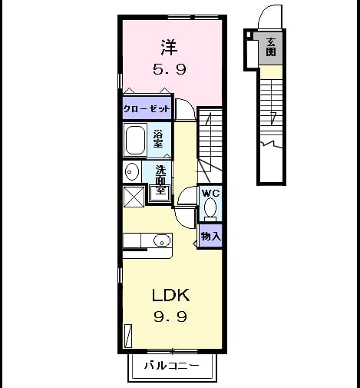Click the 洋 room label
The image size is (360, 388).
[170, 47]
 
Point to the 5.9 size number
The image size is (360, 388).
[170, 69]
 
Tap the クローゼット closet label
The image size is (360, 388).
[147, 109]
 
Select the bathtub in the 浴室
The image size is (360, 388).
[135, 140]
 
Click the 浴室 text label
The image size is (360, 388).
[158, 138]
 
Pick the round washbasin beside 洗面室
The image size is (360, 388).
[132, 171]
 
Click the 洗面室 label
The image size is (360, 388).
[161, 180]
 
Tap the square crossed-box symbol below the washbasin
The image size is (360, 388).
[134, 197]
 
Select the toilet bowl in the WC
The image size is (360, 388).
[210, 208]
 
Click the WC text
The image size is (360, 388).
[211, 193]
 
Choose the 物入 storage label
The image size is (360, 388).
[211, 236]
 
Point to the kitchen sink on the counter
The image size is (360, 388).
[162, 240]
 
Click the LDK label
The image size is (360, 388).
[170, 295]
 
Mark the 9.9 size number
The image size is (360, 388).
[170, 317]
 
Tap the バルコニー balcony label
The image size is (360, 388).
[172, 366]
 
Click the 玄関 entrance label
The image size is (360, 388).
[271, 47]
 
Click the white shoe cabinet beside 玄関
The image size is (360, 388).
[253, 53]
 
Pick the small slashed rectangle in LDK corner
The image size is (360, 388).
[128, 336]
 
